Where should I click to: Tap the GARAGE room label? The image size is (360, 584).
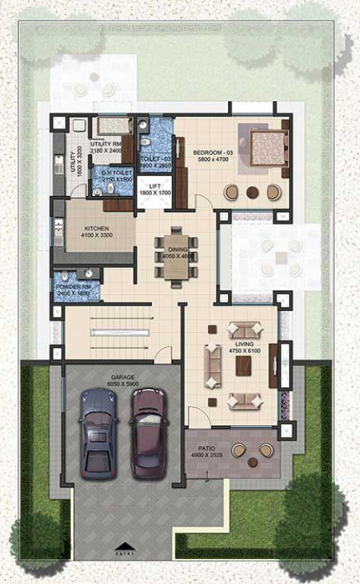123,377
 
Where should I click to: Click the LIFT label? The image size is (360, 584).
155,187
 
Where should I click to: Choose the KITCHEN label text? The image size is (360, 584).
97,229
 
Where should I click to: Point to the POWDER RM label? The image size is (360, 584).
72,287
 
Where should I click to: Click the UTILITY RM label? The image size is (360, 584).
105,143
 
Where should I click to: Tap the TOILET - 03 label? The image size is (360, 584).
156,159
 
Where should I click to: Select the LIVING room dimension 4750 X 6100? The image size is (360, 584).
245,351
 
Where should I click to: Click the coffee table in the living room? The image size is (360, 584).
243,366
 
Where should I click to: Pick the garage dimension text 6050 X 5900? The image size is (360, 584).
123,385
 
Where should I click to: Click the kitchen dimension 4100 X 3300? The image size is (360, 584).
97,236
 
